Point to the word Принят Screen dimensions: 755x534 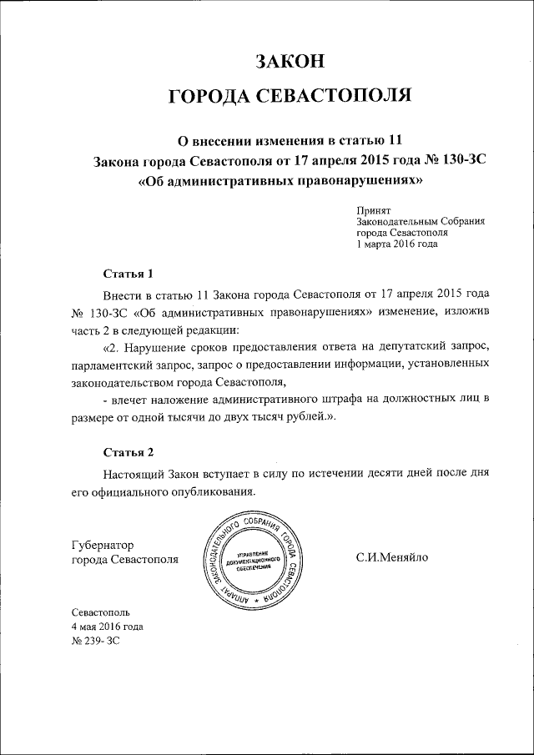click(x=374, y=212)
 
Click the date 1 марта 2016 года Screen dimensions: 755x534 click(x=396, y=245)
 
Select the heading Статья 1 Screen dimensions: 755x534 click(x=128, y=273)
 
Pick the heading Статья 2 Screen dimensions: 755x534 click(x=128, y=453)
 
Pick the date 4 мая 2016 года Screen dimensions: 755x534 click(x=108, y=626)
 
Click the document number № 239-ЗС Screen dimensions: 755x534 click(x=97, y=640)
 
